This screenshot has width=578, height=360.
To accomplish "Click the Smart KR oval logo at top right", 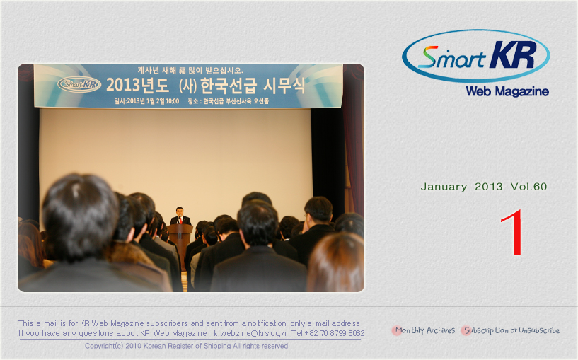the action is (x=476, y=56).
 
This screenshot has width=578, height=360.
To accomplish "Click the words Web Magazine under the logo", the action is (x=507, y=91).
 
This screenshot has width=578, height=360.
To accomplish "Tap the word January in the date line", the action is (x=444, y=187).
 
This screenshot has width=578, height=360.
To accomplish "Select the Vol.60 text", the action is (x=528, y=187).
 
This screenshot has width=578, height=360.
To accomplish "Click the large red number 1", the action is (x=513, y=232).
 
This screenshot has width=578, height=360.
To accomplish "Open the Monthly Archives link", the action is (x=424, y=330).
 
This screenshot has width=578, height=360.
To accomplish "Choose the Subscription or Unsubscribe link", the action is (x=511, y=330).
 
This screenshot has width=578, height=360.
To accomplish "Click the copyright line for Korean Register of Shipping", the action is (x=186, y=346).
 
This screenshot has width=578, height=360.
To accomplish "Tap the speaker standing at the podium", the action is (x=180, y=216).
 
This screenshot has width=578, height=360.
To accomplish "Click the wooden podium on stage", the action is (x=180, y=243).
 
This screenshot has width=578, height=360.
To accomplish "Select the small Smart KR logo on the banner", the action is (x=79, y=84).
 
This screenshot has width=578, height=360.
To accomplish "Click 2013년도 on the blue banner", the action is (x=137, y=86).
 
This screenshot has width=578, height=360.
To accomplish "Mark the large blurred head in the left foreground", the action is (x=80, y=217).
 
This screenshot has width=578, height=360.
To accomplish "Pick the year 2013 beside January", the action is (x=489, y=187).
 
